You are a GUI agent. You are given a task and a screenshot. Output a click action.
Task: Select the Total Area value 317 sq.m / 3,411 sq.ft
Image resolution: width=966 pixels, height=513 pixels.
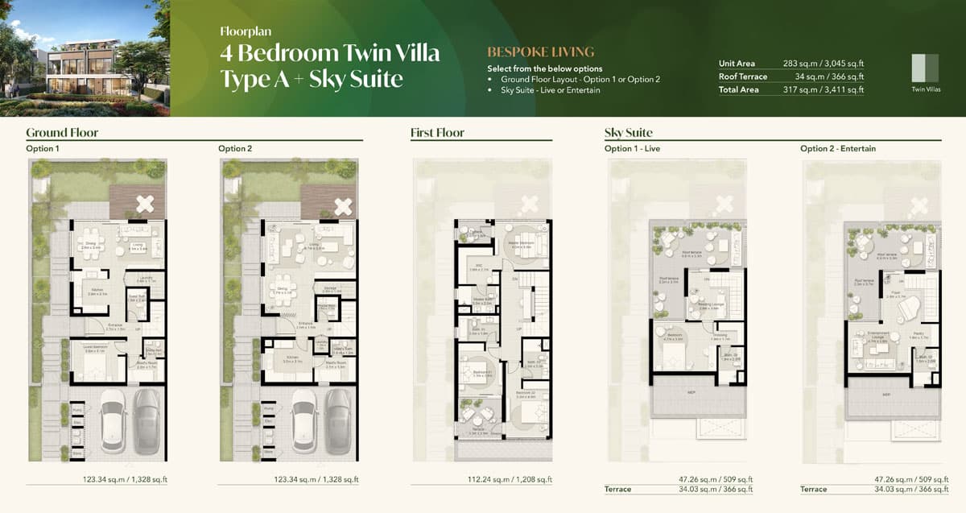point(824,90)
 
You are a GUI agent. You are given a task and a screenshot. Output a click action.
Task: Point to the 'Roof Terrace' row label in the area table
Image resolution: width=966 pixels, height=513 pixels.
point(743,77)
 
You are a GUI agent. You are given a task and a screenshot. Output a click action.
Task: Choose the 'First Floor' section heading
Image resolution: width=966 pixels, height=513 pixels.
point(437,132)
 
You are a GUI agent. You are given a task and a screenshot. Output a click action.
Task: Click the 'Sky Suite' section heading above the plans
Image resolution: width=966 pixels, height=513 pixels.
point(628,132)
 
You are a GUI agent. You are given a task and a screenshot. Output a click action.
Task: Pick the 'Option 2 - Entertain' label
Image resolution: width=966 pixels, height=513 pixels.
point(838,149)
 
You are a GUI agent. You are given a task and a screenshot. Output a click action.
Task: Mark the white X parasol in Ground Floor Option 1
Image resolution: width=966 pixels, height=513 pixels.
point(145,205)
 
